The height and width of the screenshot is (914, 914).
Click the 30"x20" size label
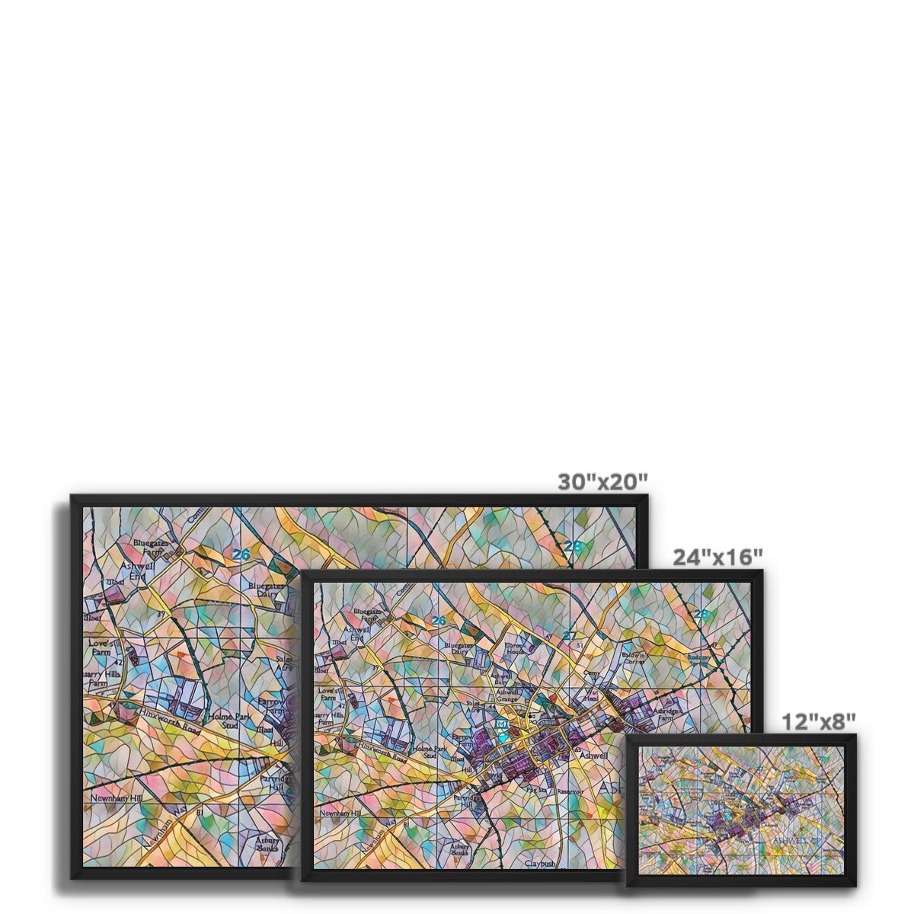(x=602, y=481)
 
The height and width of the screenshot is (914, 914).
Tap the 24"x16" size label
(x=717, y=557)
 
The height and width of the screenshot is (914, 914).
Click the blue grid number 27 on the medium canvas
(x=569, y=636)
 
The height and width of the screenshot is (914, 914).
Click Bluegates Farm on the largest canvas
(x=149, y=547)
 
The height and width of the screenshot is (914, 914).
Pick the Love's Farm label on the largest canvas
(x=102, y=647)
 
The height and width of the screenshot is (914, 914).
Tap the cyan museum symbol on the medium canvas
(x=501, y=723)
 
